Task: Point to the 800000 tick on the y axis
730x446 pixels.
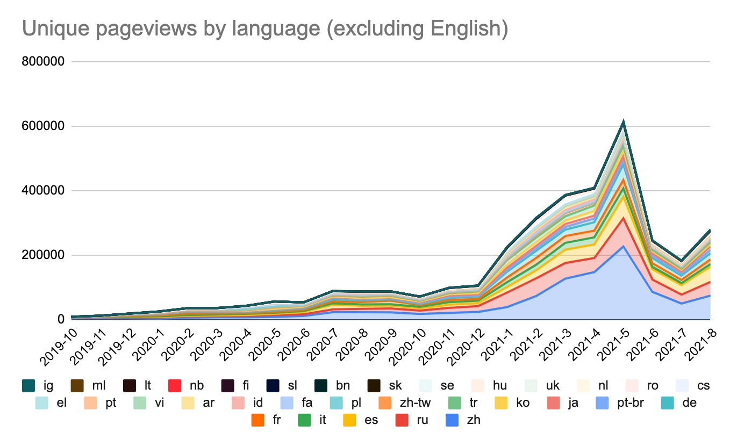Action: point(43,62)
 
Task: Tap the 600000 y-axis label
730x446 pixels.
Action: point(43,126)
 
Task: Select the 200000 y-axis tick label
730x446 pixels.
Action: point(43,255)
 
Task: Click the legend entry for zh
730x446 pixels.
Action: point(465,420)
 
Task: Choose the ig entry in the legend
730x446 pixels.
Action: point(38,385)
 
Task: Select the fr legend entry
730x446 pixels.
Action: point(268,420)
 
